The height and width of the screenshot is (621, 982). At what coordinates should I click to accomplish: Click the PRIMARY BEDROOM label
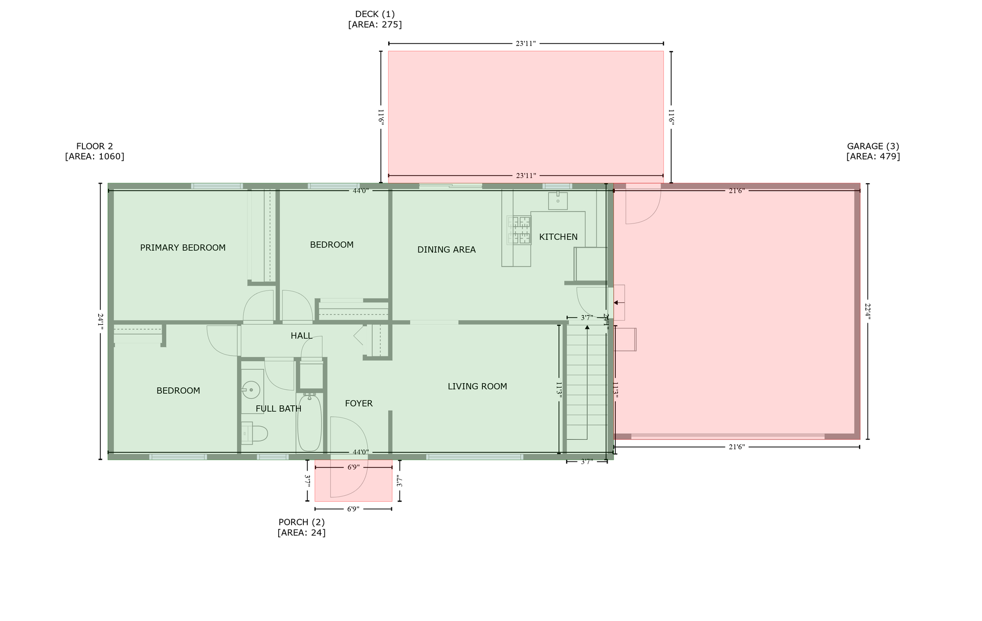[x=183, y=248]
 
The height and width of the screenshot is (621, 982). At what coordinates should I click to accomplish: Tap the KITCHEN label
[x=558, y=237]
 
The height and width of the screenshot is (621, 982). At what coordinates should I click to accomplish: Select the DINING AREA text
[x=446, y=250]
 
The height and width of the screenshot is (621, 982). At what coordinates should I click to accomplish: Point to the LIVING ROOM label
[x=477, y=386]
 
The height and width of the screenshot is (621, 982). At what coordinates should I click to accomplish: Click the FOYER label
[x=359, y=404]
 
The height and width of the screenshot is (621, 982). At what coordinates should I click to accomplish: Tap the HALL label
[x=301, y=336]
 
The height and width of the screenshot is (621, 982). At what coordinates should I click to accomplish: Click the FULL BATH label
[x=278, y=409]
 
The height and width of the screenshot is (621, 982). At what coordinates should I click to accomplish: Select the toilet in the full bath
[x=255, y=434]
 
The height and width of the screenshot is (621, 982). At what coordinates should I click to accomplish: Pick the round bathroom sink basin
[x=251, y=390]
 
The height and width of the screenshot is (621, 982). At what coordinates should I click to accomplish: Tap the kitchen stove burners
[x=519, y=230]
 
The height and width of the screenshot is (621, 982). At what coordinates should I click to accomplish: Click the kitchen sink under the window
[x=557, y=201]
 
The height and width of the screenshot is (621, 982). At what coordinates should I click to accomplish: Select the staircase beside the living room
[x=587, y=384]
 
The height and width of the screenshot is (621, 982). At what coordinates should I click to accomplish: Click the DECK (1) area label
[x=375, y=19]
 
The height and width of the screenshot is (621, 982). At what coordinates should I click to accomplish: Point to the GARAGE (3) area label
[x=873, y=151]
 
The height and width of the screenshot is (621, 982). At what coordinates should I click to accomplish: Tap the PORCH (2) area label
[x=301, y=527]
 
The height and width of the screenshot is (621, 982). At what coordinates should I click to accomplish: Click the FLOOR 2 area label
[x=95, y=151]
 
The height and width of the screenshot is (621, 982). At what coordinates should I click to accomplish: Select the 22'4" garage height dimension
[x=867, y=311]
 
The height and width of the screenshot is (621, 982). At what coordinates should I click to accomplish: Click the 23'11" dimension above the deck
[x=525, y=43]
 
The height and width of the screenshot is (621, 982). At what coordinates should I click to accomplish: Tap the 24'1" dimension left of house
[x=100, y=321]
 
